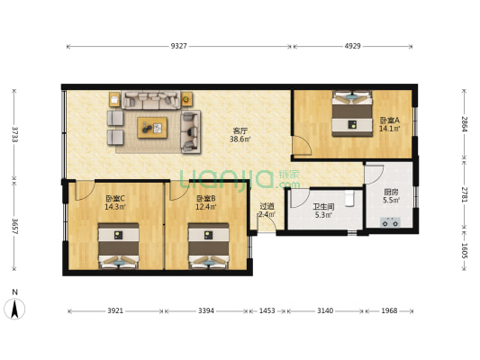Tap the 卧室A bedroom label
(x=389, y=124)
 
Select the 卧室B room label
(x=205, y=202)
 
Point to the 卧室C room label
(x=115, y=202)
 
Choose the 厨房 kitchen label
(x=391, y=195)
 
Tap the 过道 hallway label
(x=267, y=211)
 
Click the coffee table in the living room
(x=152, y=128)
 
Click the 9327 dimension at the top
(x=178, y=45)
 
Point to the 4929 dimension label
(x=352, y=45)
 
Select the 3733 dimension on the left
(x=14, y=133)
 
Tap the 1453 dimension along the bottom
(x=267, y=311)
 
